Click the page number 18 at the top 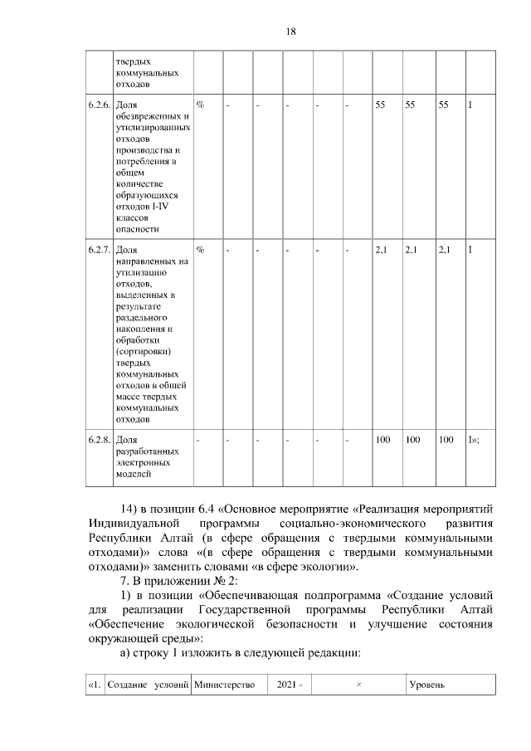click(290, 32)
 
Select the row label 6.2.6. click(98, 106)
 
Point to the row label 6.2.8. click(98, 439)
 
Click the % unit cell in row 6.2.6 click(200, 106)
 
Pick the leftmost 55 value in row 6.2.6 click(381, 106)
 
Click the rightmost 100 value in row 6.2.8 click(446, 439)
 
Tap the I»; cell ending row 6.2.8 click(475, 439)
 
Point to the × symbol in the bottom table click(358, 685)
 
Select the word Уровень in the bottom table click(428, 685)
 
